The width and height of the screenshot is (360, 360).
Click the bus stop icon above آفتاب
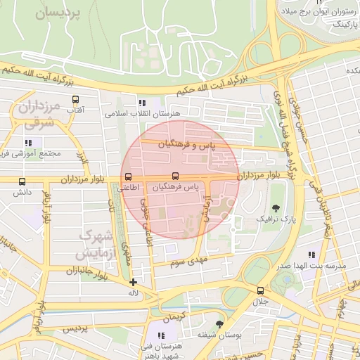coord(75,99)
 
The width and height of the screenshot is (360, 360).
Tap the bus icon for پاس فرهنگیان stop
coord(175,176)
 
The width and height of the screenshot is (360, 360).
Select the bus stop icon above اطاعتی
coord(128,177)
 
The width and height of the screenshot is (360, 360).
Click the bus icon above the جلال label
coord(261,290)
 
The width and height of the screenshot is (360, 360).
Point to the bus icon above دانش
coord(22,181)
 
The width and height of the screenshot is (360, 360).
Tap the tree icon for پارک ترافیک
coord(276,208)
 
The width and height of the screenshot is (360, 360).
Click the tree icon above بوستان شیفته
coord(219,324)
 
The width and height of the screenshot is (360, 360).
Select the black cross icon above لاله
coord(133,282)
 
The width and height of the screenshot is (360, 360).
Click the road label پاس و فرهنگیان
coord(186,143)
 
